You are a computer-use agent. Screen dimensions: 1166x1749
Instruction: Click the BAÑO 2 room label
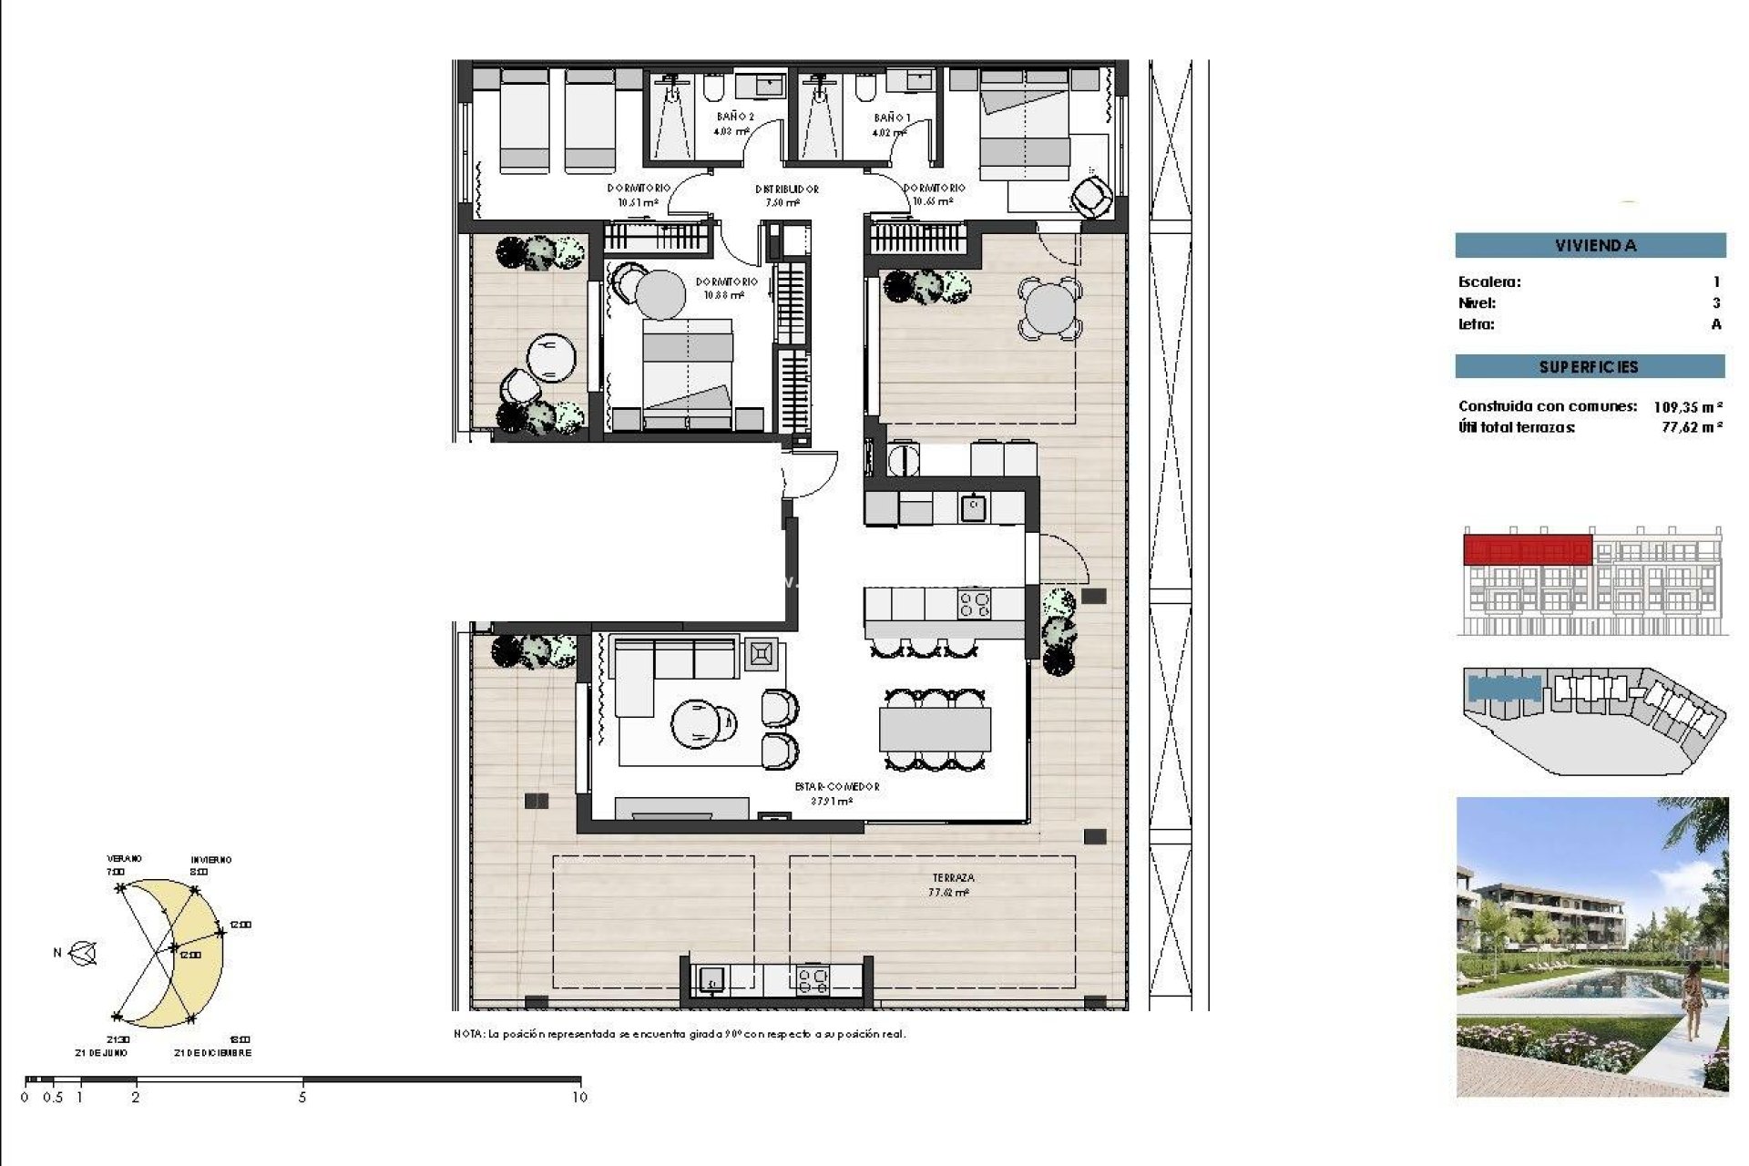734,117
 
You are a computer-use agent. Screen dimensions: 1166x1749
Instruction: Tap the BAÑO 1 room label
891,118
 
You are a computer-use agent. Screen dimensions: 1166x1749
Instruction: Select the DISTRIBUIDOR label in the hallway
786,189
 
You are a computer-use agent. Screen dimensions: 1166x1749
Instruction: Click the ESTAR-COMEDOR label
836,786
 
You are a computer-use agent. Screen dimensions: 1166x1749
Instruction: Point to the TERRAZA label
953,878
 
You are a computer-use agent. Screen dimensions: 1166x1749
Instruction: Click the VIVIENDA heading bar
1590,245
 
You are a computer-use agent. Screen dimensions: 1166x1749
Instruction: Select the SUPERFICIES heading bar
1590,366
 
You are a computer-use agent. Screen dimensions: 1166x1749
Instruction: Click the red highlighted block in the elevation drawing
1527,550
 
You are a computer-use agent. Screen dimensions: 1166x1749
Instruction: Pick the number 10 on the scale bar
579,1098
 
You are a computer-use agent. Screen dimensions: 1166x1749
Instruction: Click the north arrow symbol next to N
84,954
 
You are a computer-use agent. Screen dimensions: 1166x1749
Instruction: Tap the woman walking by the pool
1693,1002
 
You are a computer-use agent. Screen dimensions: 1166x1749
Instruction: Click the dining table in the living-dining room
935,729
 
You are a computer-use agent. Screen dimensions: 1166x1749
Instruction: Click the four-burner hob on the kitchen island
974,604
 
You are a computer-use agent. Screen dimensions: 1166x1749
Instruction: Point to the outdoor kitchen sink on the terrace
711,980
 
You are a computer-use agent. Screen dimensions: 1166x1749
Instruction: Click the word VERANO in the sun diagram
125,859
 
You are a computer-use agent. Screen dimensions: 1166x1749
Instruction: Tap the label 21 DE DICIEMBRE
212,1053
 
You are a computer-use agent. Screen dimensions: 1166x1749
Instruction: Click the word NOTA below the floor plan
468,1034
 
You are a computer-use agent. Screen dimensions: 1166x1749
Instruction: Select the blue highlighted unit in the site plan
1503,690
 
